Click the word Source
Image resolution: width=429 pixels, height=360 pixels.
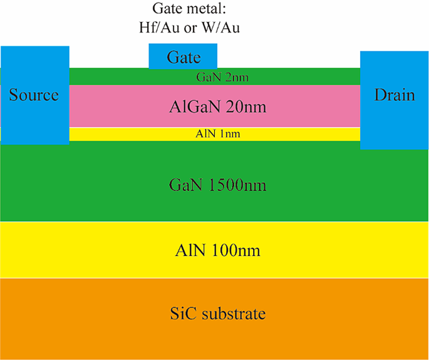pyautogui.click(x=34, y=95)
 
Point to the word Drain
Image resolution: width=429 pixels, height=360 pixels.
pyautogui.click(x=395, y=95)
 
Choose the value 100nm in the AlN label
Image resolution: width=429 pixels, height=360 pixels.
pyautogui.click(x=236, y=252)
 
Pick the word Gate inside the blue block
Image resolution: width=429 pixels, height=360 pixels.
pyautogui.click(x=183, y=58)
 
